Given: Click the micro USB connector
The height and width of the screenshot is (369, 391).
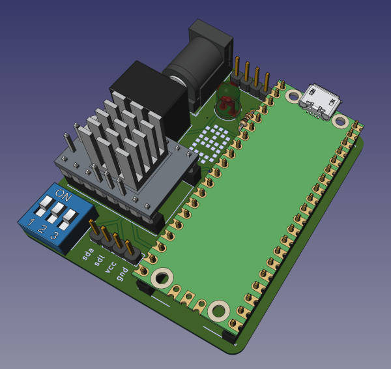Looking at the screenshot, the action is point(320,102).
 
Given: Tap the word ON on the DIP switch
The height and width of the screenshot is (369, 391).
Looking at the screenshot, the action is point(63,195).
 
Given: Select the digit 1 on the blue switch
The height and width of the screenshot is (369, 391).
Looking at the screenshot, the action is point(31,222).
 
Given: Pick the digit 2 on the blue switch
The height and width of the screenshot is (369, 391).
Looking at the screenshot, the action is point(42,228).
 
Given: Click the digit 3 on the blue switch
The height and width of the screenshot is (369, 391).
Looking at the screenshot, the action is point(54,235).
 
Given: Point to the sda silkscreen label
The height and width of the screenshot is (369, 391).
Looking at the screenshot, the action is point(88,254).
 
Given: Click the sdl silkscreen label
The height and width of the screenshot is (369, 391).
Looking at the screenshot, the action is point(99,261).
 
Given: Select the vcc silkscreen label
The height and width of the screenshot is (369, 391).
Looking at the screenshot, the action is point(110,267).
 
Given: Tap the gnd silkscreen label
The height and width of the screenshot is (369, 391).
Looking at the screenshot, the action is point(123,274).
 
